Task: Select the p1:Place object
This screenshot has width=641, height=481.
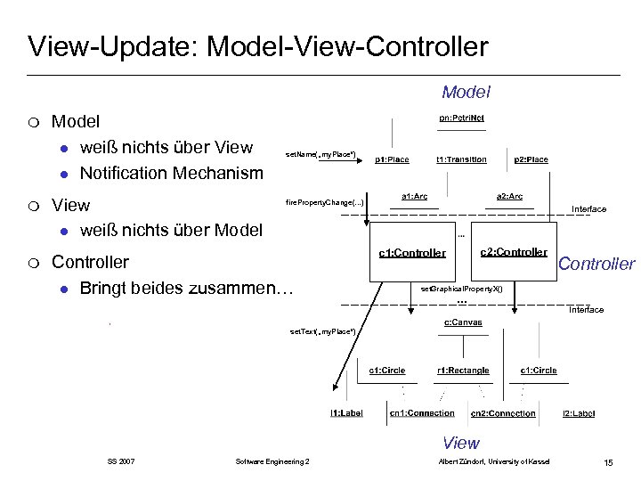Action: pos(392,159)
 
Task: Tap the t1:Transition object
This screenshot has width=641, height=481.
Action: pos(461,159)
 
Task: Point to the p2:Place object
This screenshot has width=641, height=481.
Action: pos(531,159)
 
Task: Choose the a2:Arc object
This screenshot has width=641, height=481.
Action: pos(509,196)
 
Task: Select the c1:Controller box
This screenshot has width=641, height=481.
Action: pos(412,253)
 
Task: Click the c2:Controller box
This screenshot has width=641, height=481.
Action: pos(514,252)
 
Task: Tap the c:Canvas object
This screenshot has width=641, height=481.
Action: pos(463,322)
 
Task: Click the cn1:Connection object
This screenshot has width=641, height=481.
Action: pos(422,413)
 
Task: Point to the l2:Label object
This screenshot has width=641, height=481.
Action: pos(579,413)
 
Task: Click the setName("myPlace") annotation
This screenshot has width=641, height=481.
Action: pos(320,155)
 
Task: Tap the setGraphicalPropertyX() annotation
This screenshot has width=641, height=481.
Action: pos(467,289)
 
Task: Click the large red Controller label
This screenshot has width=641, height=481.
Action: pos(596,264)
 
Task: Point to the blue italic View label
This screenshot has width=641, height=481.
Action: pos(461,443)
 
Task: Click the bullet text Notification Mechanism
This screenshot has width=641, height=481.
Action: pos(172,173)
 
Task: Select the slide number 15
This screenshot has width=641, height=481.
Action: pos(608,461)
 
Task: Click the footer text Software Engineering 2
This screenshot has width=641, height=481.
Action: pos(272,461)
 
